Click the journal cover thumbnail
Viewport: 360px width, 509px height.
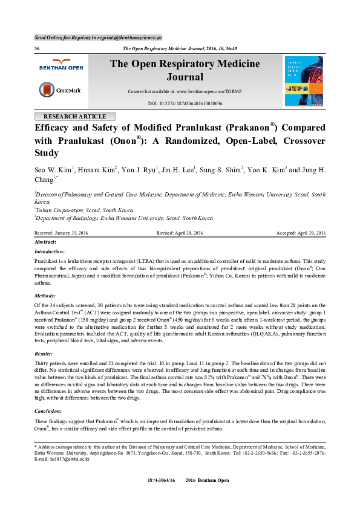[303, 81]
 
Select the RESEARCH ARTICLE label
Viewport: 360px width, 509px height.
[74, 116]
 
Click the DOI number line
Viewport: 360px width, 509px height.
[185, 104]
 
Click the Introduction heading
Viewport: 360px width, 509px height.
[50, 251]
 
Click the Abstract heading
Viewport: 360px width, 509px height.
[46, 242]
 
